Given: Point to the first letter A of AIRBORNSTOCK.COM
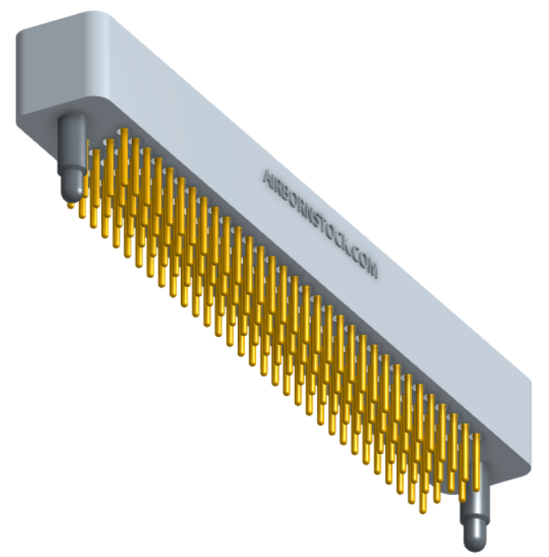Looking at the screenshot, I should coord(266,176).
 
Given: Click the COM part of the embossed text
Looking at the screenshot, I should coord(363,263).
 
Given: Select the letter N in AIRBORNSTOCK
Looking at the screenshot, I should coord(306,212).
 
